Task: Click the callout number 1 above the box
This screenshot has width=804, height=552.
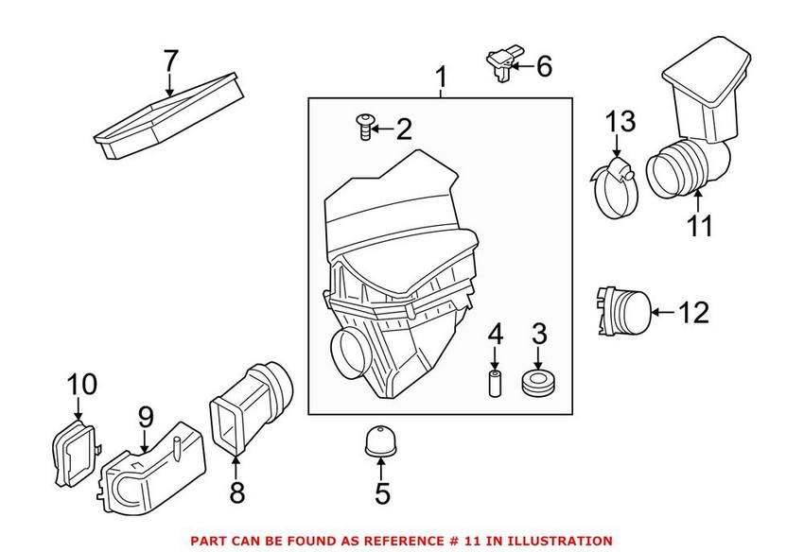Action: pyautogui.click(x=440, y=76)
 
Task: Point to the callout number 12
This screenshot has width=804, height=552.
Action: pyautogui.click(x=695, y=312)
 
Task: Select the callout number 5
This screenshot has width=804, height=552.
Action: pyautogui.click(x=381, y=492)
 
